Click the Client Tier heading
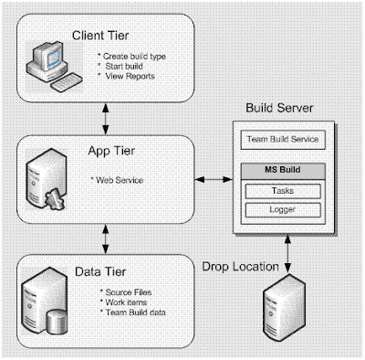[x=100, y=36]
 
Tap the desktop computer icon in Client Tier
[x=54, y=66]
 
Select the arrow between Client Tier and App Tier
[x=106, y=119]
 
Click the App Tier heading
[x=111, y=151]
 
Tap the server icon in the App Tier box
[x=47, y=179]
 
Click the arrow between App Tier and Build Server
[x=214, y=179]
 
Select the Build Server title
[x=279, y=108]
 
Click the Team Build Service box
[x=283, y=140]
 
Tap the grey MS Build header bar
[x=283, y=171]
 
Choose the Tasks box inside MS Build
[x=283, y=191]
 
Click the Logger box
[x=283, y=210]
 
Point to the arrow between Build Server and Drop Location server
[x=287, y=253]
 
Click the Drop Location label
[x=240, y=267]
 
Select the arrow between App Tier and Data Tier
[x=106, y=239]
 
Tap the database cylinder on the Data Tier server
[x=57, y=322]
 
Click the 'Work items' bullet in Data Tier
[x=123, y=302]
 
